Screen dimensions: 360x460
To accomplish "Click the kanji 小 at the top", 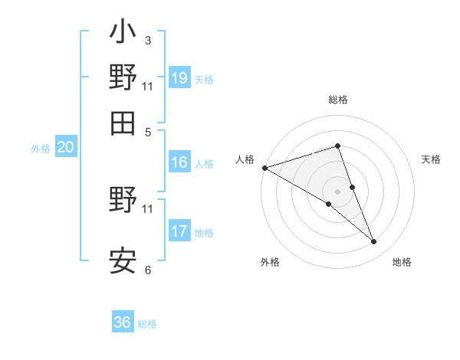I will (x=123, y=35).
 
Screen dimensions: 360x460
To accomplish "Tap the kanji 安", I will (x=123, y=260).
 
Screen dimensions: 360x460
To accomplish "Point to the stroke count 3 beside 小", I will (x=147, y=40).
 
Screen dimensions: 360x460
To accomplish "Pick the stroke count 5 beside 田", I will (x=147, y=132).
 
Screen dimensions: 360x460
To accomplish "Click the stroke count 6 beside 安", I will (x=147, y=270).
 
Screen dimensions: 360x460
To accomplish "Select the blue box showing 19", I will (x=179, y=78).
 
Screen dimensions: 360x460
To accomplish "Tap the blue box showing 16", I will (x=179, y=162).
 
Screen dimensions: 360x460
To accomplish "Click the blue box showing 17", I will (x=179, y=231).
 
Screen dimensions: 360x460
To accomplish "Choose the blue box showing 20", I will (x=64, y=148).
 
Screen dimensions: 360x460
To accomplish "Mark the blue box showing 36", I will (x=123, y=322).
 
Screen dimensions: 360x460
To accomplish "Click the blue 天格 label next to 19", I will (x=204, y=80).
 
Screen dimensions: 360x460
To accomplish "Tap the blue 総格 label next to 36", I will (x=147, y=324).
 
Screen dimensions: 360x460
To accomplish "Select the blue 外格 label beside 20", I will (x=40, y=149).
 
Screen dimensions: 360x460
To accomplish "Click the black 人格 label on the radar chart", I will (x=245, y=159).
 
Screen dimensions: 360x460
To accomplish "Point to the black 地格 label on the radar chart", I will (x=402, y=263).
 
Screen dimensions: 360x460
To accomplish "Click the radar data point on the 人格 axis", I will (x=264, y=168).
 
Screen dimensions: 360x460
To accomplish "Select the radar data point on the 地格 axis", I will (x=373, y=242).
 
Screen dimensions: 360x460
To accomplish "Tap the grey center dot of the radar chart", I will (x=337, y=191).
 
